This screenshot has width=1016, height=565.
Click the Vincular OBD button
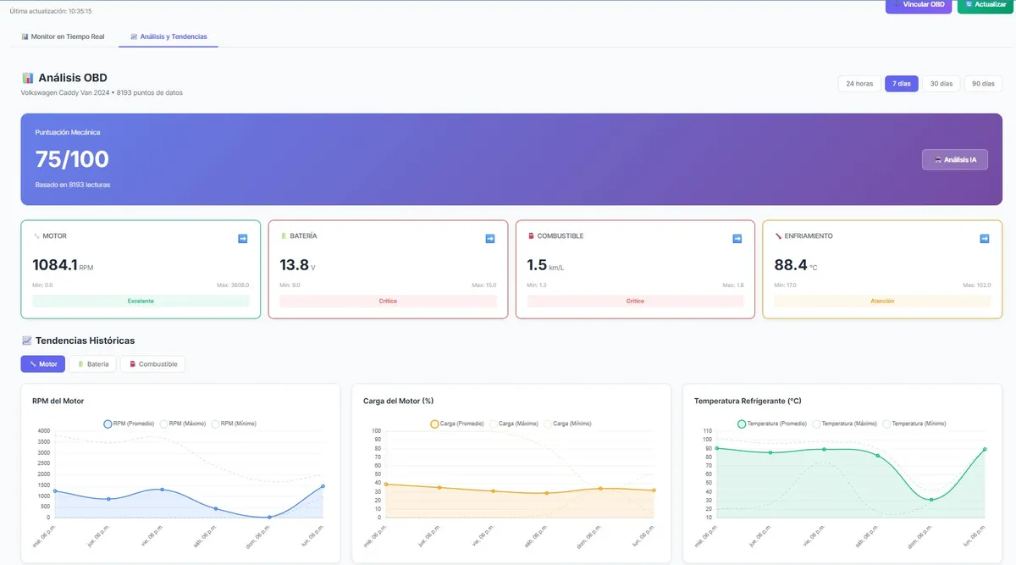click(919, 5)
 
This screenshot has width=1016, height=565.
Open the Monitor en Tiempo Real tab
click(63, 37)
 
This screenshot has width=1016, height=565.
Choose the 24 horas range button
click(859, 84)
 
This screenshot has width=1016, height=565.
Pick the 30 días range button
click(941, 84)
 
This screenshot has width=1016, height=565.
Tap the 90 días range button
click(983, 84)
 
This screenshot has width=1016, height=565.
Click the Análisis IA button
click(954, 159)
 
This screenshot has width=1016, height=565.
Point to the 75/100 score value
click(72, 159)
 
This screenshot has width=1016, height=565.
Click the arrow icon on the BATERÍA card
click(489, 239)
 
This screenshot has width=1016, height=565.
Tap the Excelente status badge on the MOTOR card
click(141, 301)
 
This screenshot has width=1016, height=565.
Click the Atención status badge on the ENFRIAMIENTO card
click(882, 301)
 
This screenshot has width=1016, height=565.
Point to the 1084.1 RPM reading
click(55, 265)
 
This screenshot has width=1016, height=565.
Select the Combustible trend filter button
click(152, 364)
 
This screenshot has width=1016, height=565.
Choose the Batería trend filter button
click(92, 364)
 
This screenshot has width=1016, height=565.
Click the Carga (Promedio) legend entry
click(457, 424)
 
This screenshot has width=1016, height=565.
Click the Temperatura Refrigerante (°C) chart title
click(748, 401)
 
